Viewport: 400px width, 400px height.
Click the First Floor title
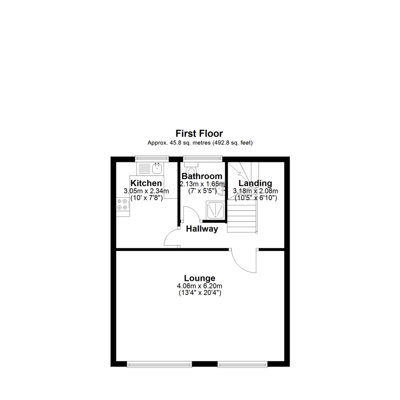click(199, 133)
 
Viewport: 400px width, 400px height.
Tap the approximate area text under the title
click(200, 143)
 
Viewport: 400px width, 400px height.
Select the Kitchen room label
click(146, 183)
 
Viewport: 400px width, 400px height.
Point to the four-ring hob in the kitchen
click(123, 204)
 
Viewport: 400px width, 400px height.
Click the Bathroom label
click(202, 176)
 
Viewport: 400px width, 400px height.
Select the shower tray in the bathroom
click(215, 210)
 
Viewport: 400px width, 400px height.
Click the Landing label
click(255, 183)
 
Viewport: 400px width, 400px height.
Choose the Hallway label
click(202, 229)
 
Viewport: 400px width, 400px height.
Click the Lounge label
click(200, 278)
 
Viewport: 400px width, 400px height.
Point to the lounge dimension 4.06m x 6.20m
click(200, 286)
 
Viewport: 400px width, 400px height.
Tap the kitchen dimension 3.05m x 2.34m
click(146, 191)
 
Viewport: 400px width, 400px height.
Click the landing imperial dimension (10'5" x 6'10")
click(255, 198)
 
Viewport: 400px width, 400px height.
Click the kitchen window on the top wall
click(152, 159)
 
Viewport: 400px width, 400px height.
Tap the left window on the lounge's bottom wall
click(160, 364)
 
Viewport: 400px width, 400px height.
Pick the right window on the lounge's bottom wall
click(243, 364)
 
